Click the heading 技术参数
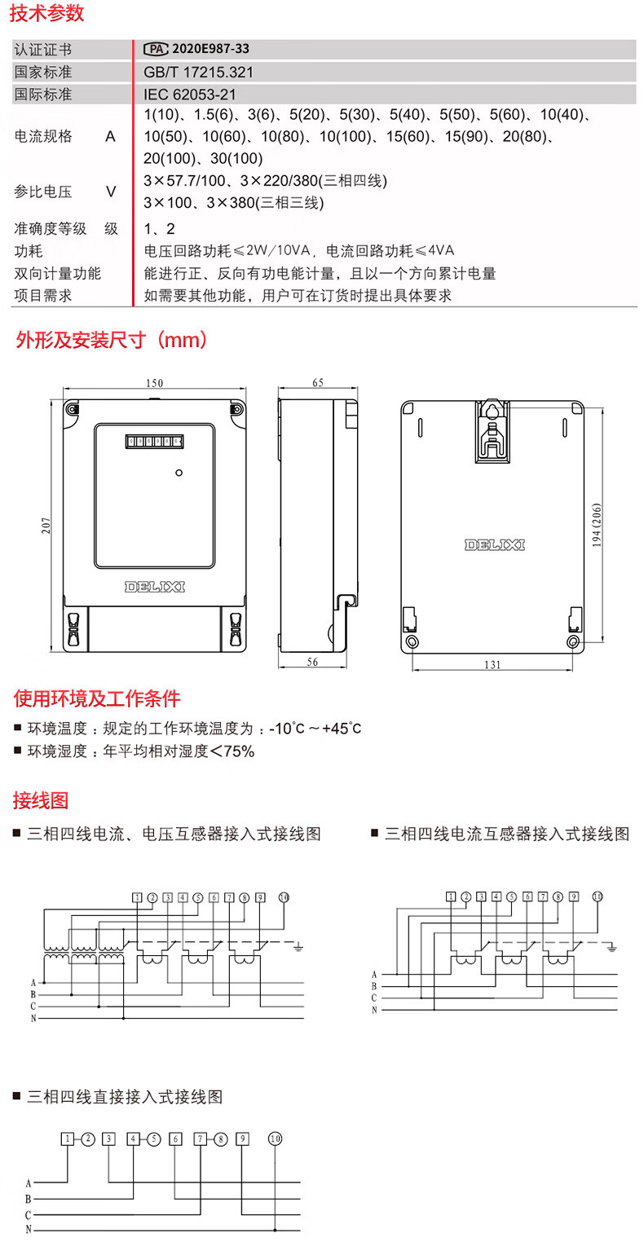pos(48,14)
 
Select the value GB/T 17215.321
pos(198,72)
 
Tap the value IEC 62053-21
pos(190,94)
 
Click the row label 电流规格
pos(43,136)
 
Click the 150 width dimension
pos(155,383)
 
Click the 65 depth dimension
pos(318,382)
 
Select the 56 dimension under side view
pos(312,663)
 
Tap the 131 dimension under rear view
pos(492,664)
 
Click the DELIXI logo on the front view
pos(155,586)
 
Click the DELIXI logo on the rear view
pos(495,544)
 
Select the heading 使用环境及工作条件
pos(97,698)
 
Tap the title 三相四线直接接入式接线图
pos(125,1097)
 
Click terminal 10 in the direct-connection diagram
pos(276,1139)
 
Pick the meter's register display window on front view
pos(154,443)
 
